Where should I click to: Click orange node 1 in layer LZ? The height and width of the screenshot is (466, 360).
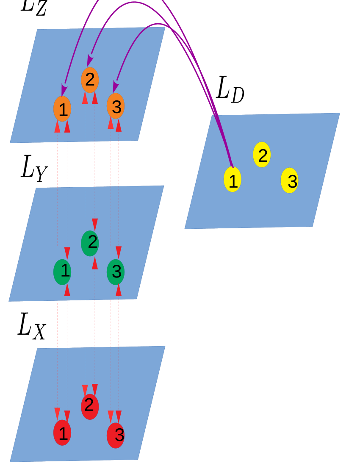pyautogui.click(x=62, y=109)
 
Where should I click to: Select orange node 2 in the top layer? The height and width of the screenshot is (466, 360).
pyautogui.click(x=90, y=80)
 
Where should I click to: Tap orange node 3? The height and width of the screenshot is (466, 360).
pyautogui.click(x=116, y=106)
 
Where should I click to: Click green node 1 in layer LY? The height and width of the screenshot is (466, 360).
pyautogui.click(x=62, y=272)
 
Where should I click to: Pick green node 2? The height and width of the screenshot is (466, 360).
pyautogui.click(x=90, y=243)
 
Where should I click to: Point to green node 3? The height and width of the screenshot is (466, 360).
pyautogui.click(x=116, y=272)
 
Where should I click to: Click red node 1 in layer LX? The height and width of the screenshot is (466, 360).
pyautogui.click(x=62, y=433)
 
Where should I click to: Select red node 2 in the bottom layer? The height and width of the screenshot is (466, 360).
pyautogui.click(x=90, y=407)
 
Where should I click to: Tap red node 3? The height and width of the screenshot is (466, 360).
pyautogui.click(x=116, y=435)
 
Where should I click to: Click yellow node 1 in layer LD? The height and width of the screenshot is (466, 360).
pyautogui.click(x=233, y=180)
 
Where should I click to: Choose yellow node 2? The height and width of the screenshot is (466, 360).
pyautogui.click(x=262, y=155)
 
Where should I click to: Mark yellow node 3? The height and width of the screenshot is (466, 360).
pyautogui.click(x=290, y=180)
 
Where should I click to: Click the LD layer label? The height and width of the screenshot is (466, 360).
pyautogui.click(x=230, y=89)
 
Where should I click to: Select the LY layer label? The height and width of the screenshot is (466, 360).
pyautogui.click(x=34, y=168)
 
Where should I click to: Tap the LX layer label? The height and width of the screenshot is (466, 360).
pyautogui.click(x=32, y=326)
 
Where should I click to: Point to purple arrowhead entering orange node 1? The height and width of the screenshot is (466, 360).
pyautogui.click(x=64, y=90)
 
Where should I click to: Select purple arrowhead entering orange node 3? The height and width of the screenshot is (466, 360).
pyautogui.click(x=115, y=87)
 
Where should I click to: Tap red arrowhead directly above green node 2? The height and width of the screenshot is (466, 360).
pyautogui.click(x=95, y=224)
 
